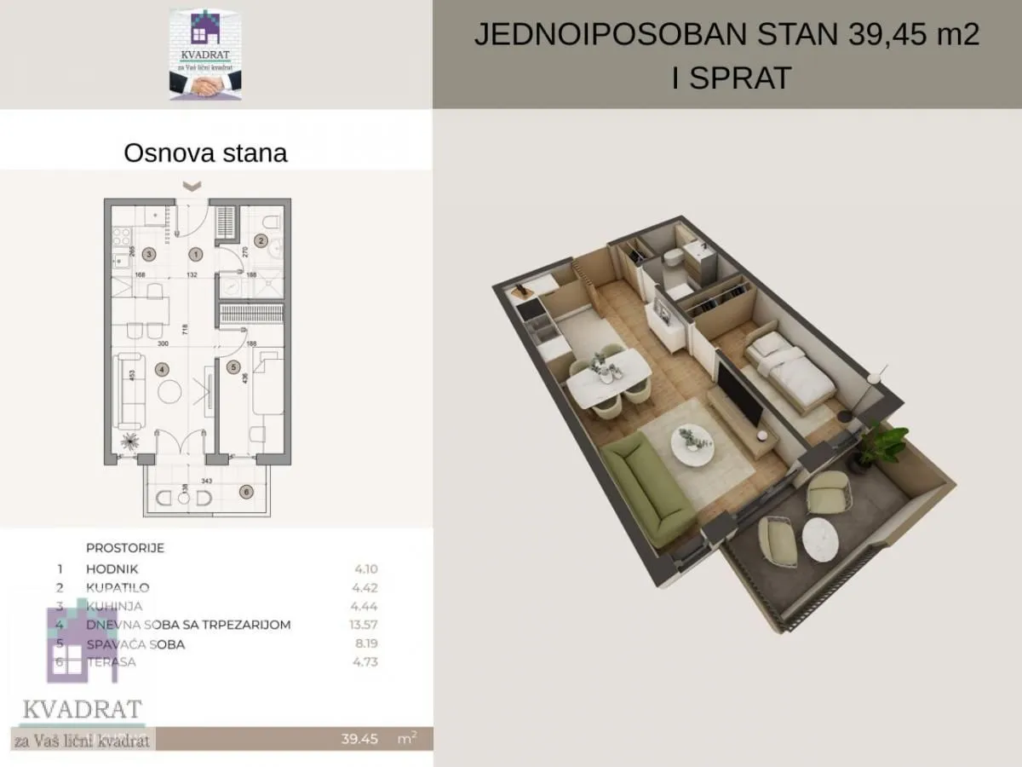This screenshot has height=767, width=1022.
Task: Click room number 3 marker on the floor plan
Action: (x=148, y=253)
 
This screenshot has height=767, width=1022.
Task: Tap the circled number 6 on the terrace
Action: (x=246, y=492)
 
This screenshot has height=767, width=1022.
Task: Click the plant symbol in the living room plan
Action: (x=130, y=441)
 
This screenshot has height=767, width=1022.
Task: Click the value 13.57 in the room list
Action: (x=365, y=625)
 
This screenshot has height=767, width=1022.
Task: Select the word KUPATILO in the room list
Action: (x=118, y=587)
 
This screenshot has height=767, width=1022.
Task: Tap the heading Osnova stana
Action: (x=205, y=153)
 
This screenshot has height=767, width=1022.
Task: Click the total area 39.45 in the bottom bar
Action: (x=359, y=739)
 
